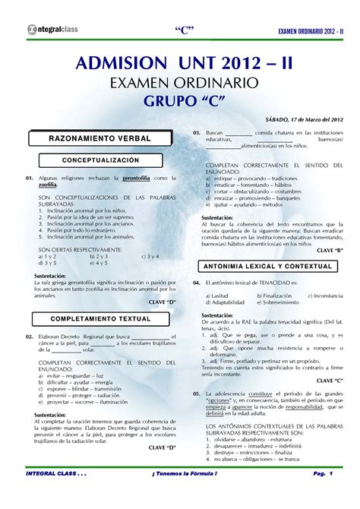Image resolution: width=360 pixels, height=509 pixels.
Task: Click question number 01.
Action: click(x=28, y=178)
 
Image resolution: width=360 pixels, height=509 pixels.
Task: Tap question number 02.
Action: click(x=28, y=336)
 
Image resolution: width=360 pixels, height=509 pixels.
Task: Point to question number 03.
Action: click(x=196, y=133)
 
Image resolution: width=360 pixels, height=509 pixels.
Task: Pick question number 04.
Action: click(x=196, y=282)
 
